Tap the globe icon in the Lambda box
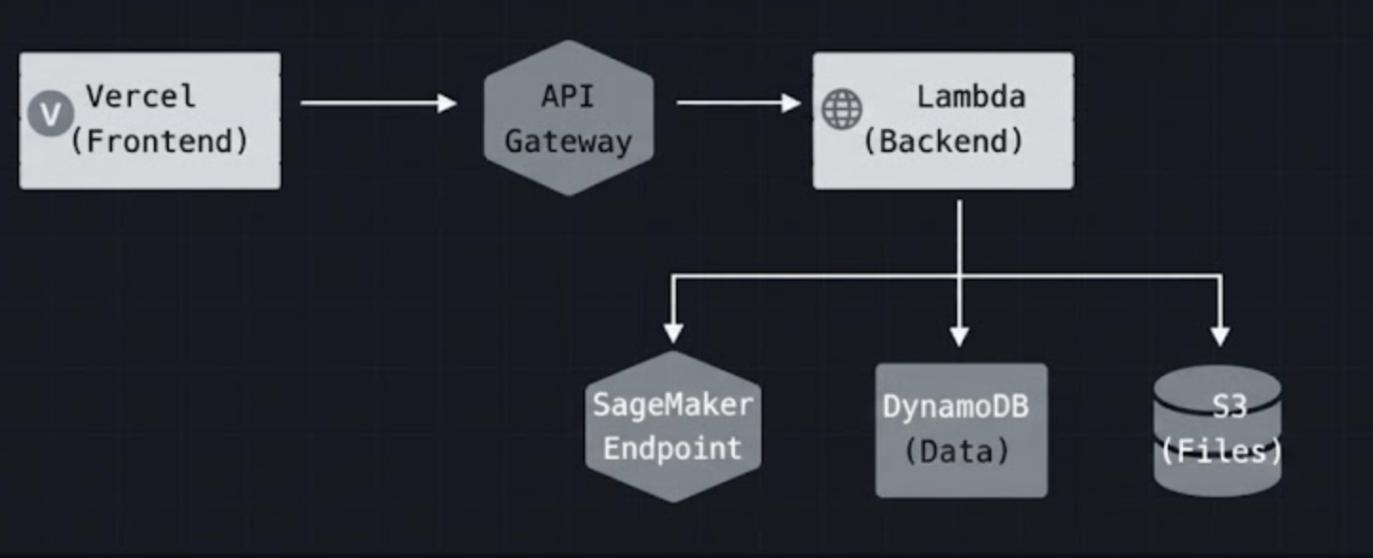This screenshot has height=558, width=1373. click(841, 108)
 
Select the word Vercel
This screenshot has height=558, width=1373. click(141, 96)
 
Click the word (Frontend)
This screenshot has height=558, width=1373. click(160, 141)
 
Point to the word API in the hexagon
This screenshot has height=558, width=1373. click(568, 96)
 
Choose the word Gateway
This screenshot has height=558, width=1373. click(568, 141)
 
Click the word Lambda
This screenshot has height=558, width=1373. click(970, 96)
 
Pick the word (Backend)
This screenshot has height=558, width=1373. click(943, 141)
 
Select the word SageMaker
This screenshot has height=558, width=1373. click(672, 404)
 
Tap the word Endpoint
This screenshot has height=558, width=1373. click(672, 448)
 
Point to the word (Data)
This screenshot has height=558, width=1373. click(956, 451)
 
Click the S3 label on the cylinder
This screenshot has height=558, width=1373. click(1228, 406)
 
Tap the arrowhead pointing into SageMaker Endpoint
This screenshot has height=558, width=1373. click(673, 333)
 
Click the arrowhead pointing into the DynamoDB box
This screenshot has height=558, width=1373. click(959, 336)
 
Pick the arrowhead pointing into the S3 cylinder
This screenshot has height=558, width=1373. click(1220, 336)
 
